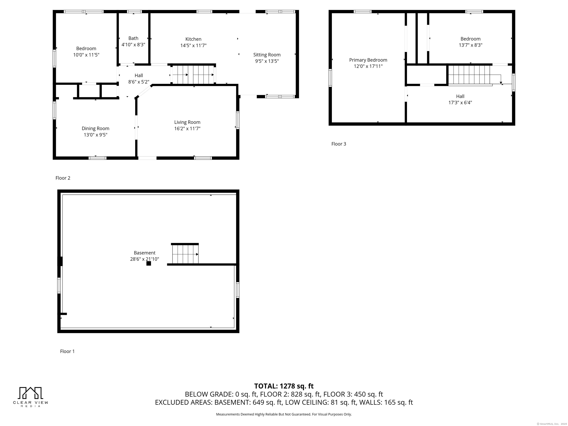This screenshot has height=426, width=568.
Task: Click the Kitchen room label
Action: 193,39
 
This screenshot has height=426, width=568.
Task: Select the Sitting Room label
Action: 267,55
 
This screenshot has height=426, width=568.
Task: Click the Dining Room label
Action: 96,128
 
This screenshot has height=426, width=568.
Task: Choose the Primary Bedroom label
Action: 368,60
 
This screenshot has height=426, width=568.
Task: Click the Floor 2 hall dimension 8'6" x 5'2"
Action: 139,82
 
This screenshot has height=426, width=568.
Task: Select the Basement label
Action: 145,253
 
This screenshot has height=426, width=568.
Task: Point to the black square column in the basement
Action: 149,263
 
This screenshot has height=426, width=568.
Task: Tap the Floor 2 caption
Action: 63,178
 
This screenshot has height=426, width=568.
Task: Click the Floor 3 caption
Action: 339,144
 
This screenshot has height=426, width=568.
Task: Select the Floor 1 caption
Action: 67,351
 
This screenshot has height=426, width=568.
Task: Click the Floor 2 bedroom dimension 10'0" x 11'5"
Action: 86,55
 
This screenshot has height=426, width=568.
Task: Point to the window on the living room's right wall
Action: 238,120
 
